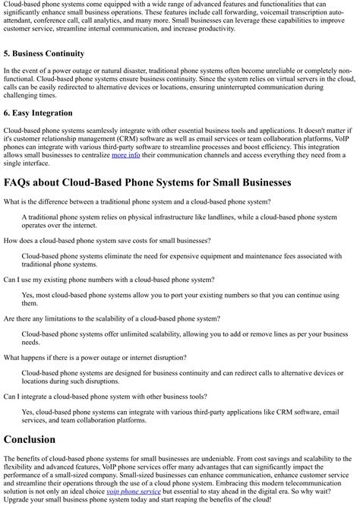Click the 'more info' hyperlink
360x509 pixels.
coord(125,155)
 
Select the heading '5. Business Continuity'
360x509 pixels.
coord(44,54)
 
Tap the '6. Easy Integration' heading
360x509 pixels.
coord(38,113)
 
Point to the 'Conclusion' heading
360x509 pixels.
coord(30,439)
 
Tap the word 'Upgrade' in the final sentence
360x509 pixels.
coord(18,500)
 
